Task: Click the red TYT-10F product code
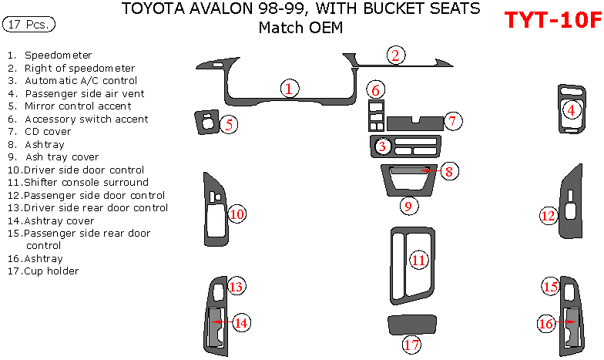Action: [x=552, y=20]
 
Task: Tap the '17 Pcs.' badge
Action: [x=29, y=25]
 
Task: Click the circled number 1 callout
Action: [x=288, y=89]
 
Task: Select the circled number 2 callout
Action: [x=395, y=55]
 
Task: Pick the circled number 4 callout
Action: [x=571, y=109]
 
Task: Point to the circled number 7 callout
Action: [x=453, y=120]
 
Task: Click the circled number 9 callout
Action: [x=408, y=205]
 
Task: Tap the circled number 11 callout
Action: [x=418, y=260]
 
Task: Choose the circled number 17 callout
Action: [x=411, y=344]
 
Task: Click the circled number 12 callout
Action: [x=548, y=216]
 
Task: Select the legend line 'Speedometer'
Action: [x=59, y=56]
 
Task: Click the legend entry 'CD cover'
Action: [x=48, y=132]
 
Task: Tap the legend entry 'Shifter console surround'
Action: [x=86, y=183]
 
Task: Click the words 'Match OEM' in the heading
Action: [x=300, y=28]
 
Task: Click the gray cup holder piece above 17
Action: [x=412, y=324]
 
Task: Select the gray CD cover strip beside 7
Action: [x=414, y=122]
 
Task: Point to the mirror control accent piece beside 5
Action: [x=206, y=121]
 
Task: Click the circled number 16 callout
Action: [x=545, y=324]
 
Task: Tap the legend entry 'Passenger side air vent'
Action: [x=85, y=93]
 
